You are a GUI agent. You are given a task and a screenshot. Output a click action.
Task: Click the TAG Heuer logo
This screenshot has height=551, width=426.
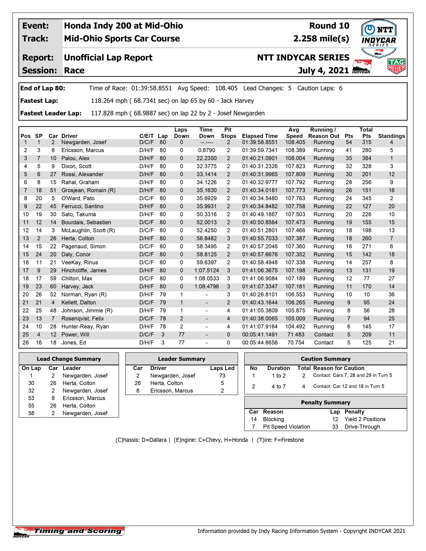(396, 66)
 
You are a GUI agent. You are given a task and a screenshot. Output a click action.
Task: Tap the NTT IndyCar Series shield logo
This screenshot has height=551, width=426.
(379, 39)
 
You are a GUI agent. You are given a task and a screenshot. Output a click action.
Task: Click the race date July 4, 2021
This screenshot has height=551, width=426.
(324, 70)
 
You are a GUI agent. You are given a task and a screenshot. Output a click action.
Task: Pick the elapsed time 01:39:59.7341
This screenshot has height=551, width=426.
(260, 150)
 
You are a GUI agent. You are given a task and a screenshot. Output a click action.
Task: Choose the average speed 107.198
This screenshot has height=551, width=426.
(295, 270)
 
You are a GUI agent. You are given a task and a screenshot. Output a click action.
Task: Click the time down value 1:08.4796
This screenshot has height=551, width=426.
(206, 287)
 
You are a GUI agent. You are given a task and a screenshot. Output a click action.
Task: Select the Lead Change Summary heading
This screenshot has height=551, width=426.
(69, 359)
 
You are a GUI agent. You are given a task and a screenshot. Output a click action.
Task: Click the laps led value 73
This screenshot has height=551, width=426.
(222, 376)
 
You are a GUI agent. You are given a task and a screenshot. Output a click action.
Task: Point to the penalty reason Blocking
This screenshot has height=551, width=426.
(273, 419)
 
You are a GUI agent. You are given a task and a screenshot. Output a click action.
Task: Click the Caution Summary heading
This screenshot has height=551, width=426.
(326, 359)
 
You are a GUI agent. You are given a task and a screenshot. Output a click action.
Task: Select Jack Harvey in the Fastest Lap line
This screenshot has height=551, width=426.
(237, 101)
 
